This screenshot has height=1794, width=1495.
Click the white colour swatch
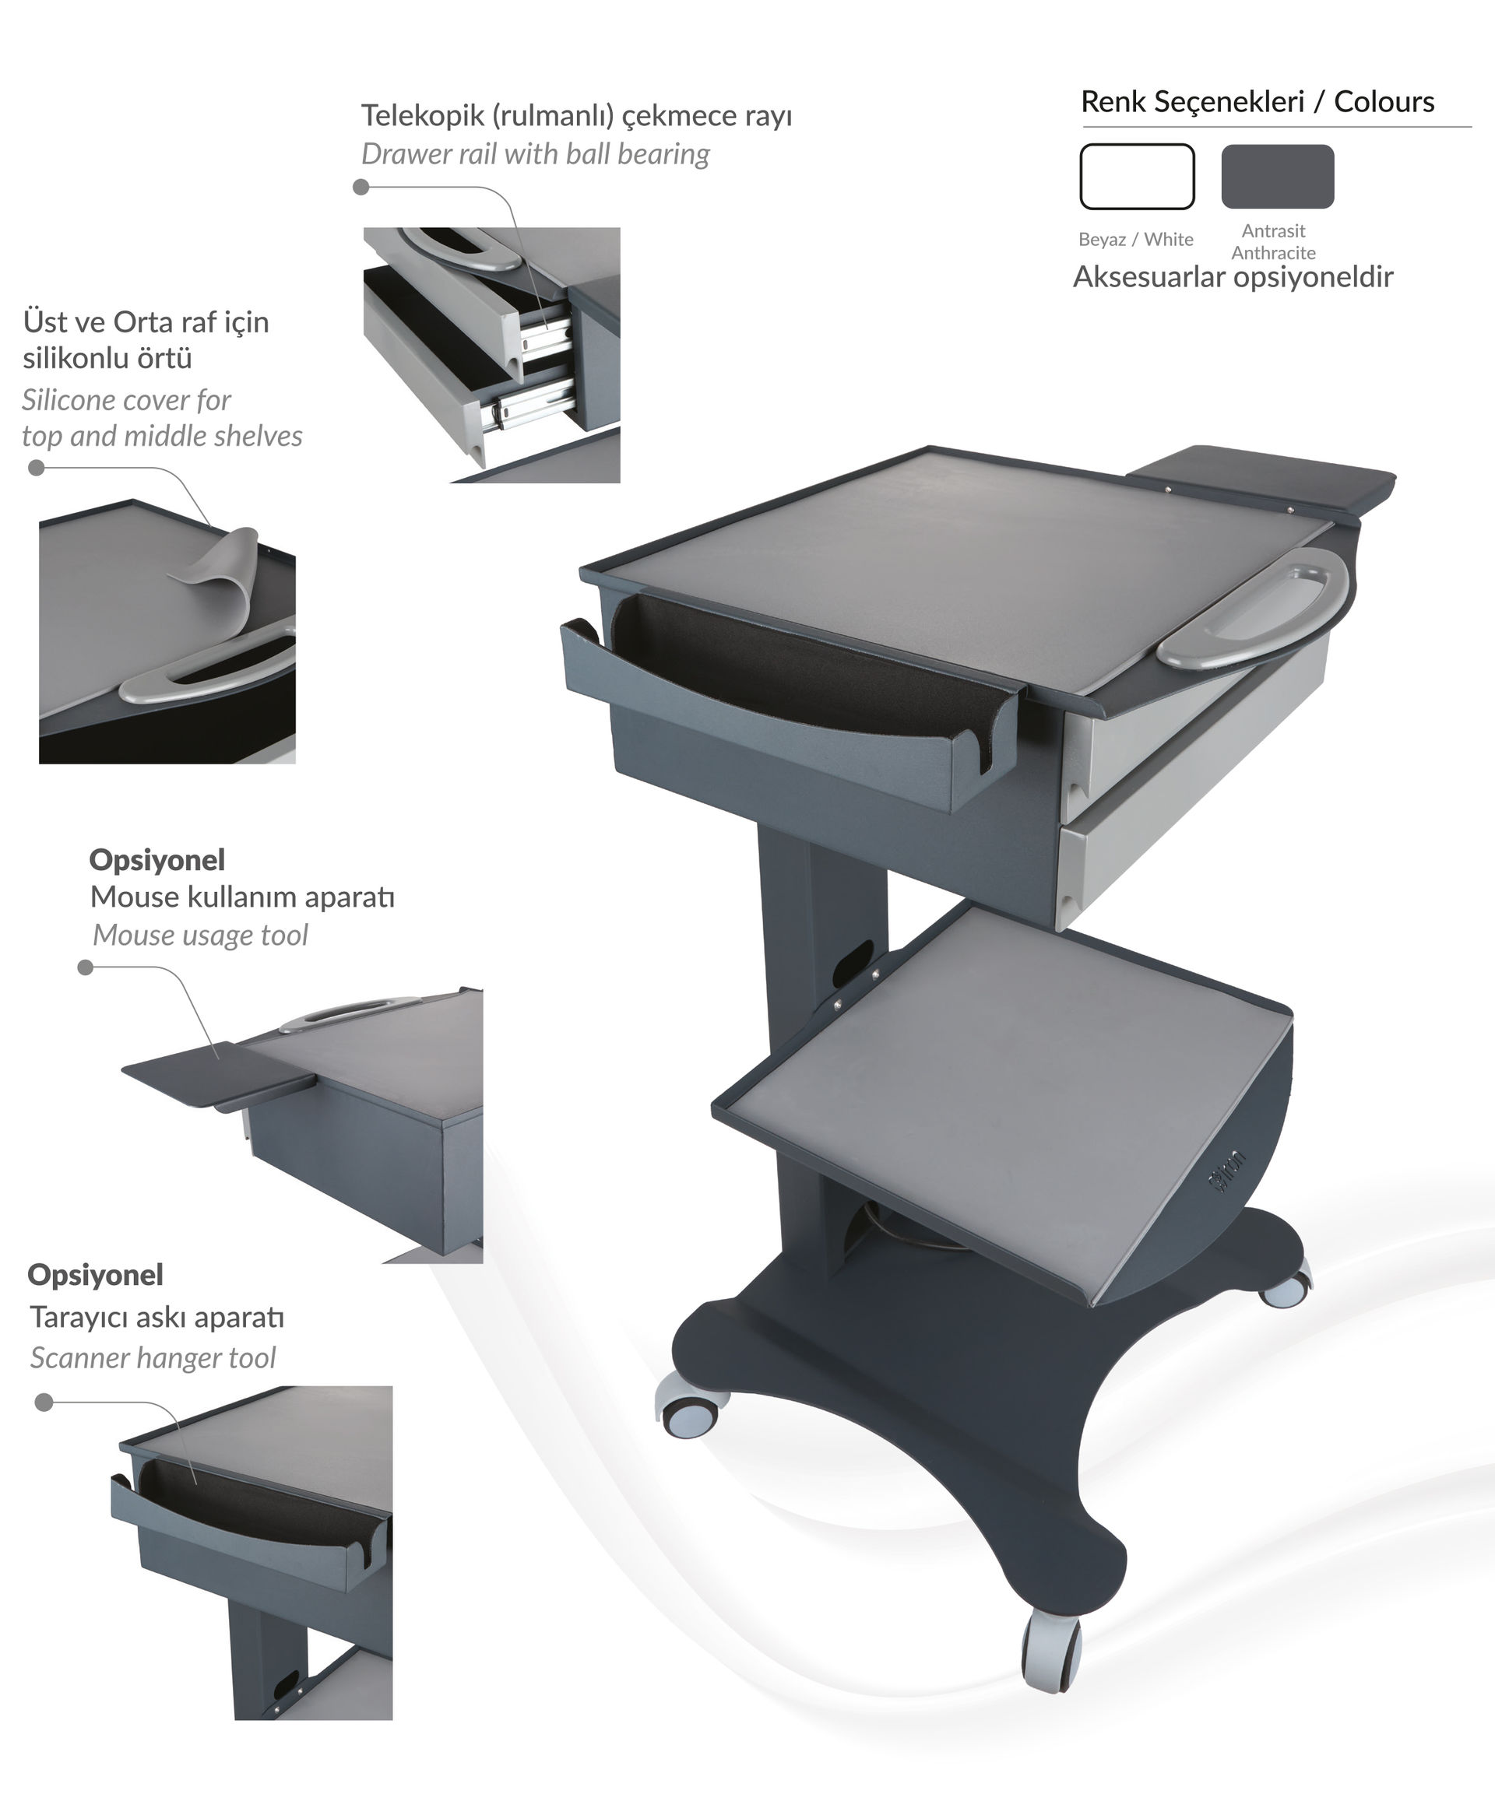pyautogui.click(x=1137, y=176)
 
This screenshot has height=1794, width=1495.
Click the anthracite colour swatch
pyautogui.click(x=1277, y=176)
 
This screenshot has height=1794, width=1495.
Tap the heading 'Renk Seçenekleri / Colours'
pyautogui.click(x=1258, y=102)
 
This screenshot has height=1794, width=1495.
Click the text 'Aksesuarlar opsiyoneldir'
pyautogui.click(x=1233, y=277)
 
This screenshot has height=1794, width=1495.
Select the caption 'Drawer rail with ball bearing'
pyautogui.click(x=535, y=154)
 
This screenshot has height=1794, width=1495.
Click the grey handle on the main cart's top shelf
pyautogui.click(x=1253, y=606)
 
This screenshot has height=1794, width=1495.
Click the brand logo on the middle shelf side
pyautogui.click(x=1227, y=1171)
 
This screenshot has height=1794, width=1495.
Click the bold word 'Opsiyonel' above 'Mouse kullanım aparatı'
pyautogui.click(x=157, y=859)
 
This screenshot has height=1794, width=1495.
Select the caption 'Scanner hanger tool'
pyautogui.click(x=153, y=1357)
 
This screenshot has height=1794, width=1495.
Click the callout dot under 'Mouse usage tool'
pyautogui.click(x=86, y=967)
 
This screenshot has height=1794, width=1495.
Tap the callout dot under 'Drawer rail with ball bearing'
pyautogui.click(x=361, y=186)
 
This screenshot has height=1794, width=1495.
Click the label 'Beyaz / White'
pyautogui.click(x=1136, y=239)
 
